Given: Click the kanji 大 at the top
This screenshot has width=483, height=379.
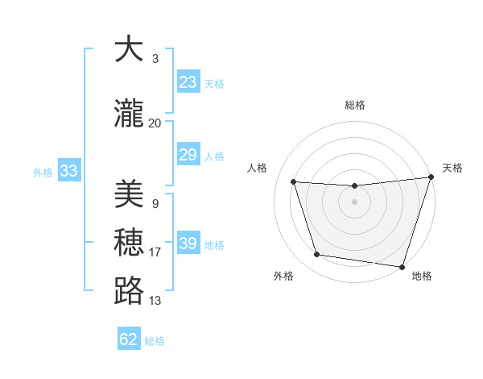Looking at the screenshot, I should tap(129, 49).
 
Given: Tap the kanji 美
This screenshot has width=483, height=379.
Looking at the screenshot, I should tap(129, 194).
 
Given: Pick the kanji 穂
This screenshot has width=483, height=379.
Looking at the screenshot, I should tap(129, 242).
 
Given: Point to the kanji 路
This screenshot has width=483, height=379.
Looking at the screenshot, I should tap(129, 290).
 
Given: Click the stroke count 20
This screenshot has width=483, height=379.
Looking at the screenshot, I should tap(155, 123).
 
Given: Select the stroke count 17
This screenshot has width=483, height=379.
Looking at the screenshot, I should tap(155, 252).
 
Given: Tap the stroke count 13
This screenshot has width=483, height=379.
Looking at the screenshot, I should tap(155, 301).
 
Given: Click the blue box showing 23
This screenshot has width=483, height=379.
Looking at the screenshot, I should tap(188, 82).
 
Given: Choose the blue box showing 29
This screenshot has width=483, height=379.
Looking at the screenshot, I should tap(188, 155).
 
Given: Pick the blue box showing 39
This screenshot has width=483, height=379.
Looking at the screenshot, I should tap(188, 244).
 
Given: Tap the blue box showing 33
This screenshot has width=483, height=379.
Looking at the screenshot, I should tap(68, 171).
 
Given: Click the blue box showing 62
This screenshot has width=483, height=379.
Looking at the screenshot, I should tap(129, 339).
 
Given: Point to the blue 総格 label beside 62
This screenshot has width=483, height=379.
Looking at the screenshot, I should tap(155, 341).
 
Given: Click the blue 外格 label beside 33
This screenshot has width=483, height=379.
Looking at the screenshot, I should tap(43, 172).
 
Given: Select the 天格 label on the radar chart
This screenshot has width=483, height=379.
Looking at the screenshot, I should tap(452, 168).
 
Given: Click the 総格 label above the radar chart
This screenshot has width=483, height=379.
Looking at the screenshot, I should tap(354, 105).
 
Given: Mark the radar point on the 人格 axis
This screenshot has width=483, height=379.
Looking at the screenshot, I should tap(294, 182).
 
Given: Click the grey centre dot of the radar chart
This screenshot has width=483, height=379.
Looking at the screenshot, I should tap(354, 202).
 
